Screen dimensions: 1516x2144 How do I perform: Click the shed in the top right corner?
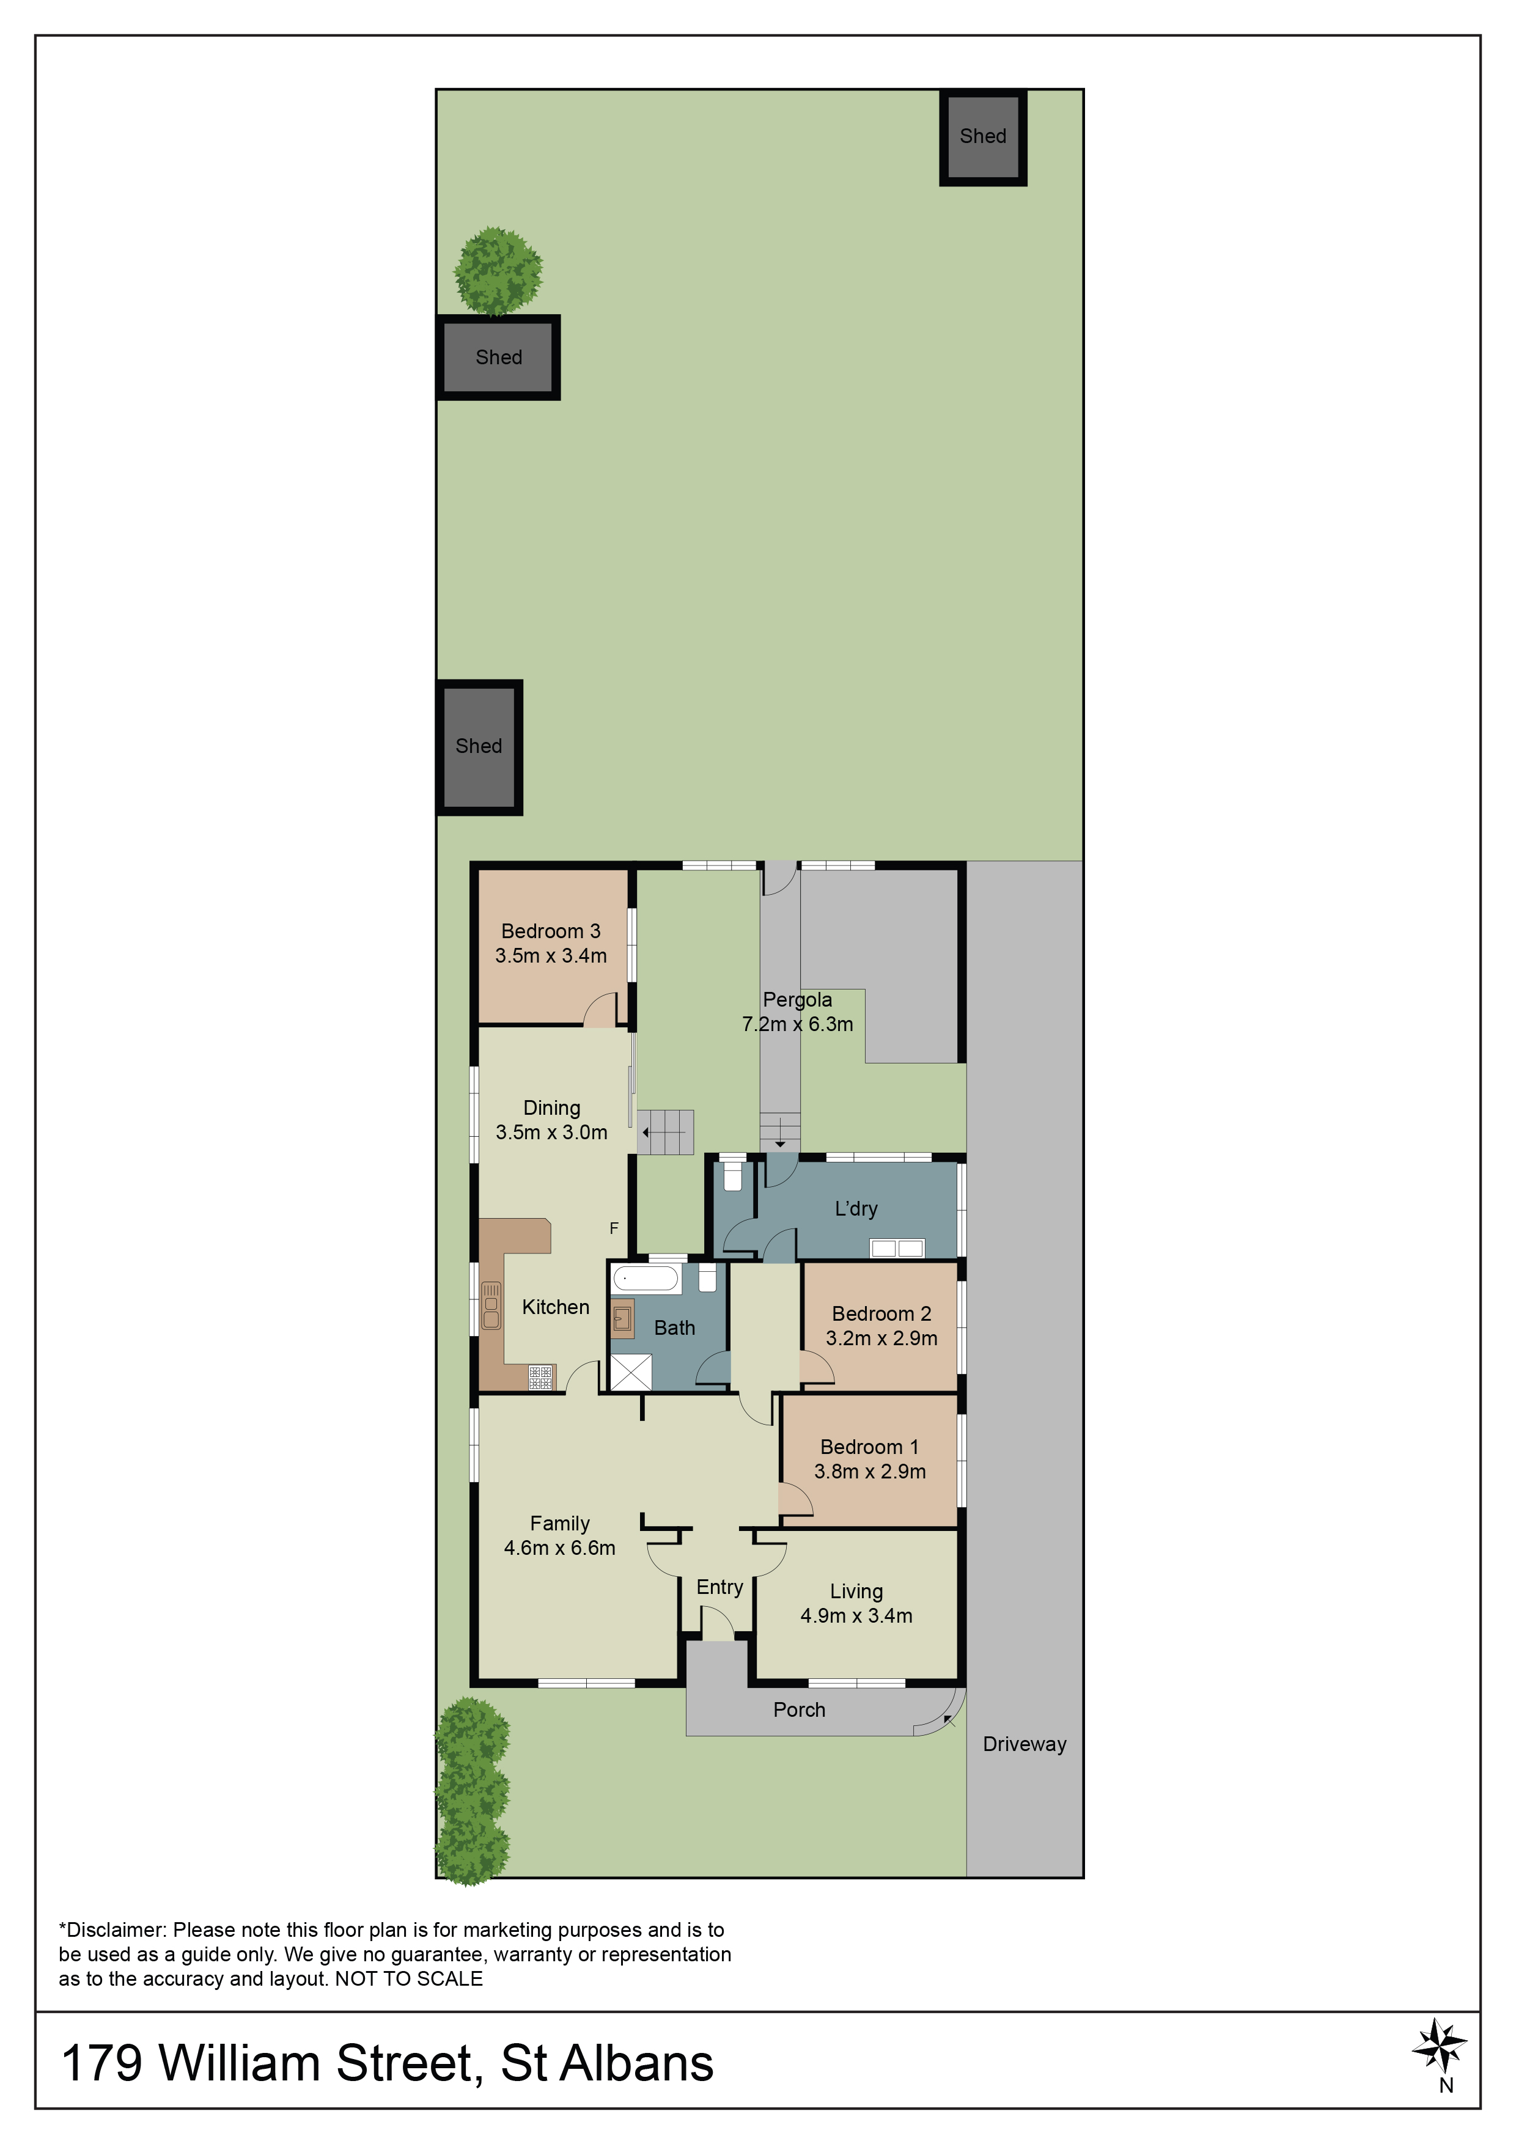tap(982, 138)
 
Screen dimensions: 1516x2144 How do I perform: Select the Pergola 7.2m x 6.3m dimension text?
tap(797, 1024)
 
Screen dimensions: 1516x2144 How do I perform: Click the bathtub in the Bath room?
tap(646, 1279)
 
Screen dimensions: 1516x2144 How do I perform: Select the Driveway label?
tap(1024, 1744)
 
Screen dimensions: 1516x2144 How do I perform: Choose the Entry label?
tap(719, 1587)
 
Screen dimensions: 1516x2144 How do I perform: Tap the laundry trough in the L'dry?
tap(897, 1247)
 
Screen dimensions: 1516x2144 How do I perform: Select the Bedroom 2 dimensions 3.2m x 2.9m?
tap(881, 1338)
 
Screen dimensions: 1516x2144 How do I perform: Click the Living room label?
tap(856, 1591)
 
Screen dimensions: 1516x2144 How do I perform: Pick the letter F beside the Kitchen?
tap(614, 1228)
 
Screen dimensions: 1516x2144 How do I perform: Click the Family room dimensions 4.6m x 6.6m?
tap(559, 1547)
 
